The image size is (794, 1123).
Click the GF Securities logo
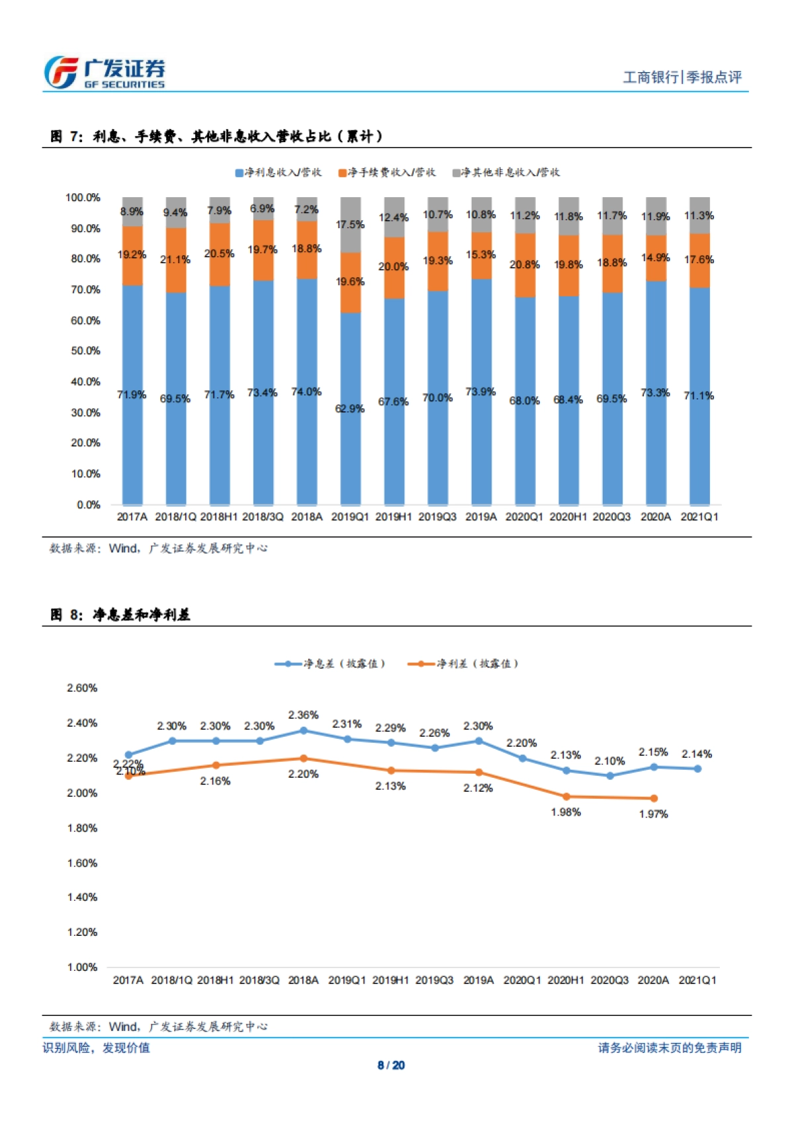[x=105, y=73]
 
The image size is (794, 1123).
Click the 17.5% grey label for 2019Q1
[x=350, y=225]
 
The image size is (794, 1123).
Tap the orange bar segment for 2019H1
[x=394, y=268]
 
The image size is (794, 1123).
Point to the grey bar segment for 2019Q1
[x=350, y=225]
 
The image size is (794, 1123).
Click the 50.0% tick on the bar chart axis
[x=86, y=351]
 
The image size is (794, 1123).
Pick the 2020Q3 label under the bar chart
[x=611, y=517]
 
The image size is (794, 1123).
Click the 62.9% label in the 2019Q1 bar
[x=349, y=409]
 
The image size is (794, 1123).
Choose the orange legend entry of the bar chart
[x=387, y=173]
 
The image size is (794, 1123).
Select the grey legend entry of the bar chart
[x=506, y=173]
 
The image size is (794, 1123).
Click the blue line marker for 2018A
[x=304, y=731]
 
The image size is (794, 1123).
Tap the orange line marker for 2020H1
[x=566, y=797]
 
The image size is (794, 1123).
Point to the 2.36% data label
[x=304, y=715]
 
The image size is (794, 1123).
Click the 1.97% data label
[x=654, y=814]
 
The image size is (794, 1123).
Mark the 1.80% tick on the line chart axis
[x=82, y=828]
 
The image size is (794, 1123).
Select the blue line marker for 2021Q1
[x=697, y=769]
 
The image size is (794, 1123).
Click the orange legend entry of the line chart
[x=463, y=663]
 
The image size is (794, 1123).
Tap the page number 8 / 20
[x=391, y=1065]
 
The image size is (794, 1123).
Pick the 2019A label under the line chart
[x=478, y=980]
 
